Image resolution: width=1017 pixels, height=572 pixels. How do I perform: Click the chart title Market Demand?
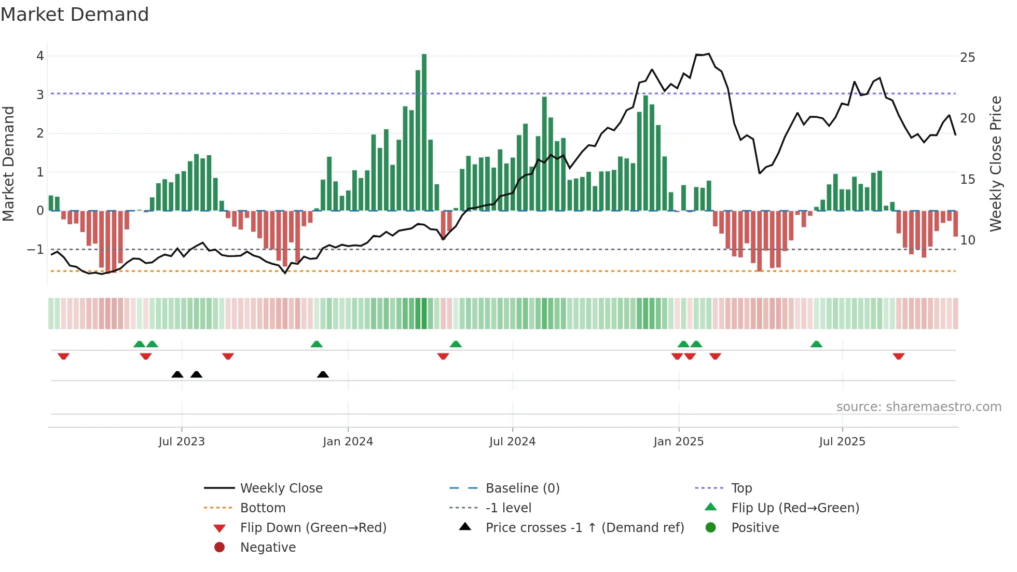[x=75, y=15]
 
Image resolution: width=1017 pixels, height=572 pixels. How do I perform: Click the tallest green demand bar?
[x=424, y=132]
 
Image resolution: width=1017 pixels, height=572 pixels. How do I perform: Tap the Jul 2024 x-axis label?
[x=512, y=442]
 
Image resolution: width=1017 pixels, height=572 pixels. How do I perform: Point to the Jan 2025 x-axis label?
[x=678, y=442]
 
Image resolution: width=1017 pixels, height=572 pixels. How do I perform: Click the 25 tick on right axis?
[x=967, y=57]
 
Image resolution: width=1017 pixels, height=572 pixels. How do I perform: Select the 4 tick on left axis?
[x=40, y=56]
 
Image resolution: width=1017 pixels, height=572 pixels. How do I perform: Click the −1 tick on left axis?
[x=36, y=250]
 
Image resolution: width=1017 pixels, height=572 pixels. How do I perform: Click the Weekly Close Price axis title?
[x=995, y=164]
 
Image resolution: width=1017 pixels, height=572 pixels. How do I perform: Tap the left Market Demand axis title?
[x=8, y=164]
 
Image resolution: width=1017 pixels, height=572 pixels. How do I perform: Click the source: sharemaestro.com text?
[x=918, y=406]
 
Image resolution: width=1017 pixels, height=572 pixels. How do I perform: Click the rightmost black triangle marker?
[x=323, y=374]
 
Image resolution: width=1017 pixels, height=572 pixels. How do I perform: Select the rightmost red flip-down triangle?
[x=899, y=356]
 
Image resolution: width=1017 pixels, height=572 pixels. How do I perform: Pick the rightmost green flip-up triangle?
[x=816, y=344]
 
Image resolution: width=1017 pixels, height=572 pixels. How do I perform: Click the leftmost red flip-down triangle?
[x=63, y=356]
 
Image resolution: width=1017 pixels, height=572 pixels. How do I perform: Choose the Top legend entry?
[x=741, y=488]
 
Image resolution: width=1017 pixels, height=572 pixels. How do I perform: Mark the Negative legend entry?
[x=267, y=547]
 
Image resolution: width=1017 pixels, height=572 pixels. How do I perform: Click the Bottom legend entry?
[x=262, y=508]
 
